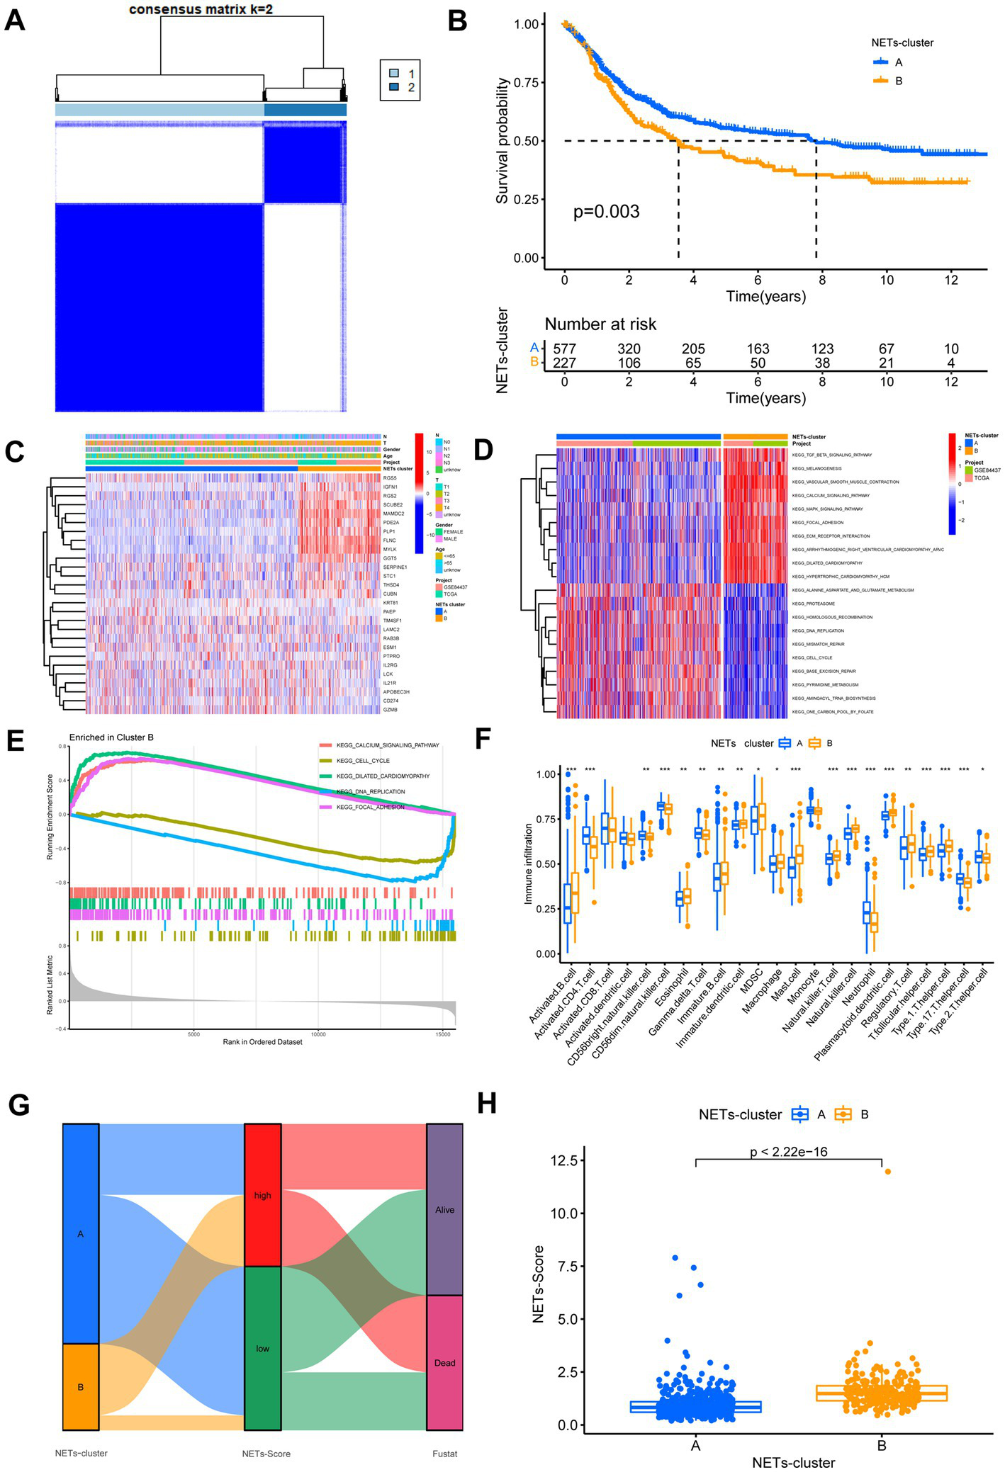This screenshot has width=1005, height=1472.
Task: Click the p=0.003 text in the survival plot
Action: [606, 212]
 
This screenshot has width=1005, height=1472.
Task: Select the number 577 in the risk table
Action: [564, 349]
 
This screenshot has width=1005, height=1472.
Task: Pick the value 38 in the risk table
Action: [822, 363]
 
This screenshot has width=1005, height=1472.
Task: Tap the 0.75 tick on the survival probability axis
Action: [527, 82]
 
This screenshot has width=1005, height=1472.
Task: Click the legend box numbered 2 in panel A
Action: [395, 87]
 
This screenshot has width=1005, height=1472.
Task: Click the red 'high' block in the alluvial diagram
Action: [263, 1195]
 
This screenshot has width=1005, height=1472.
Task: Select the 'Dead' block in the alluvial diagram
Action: [444, 1362]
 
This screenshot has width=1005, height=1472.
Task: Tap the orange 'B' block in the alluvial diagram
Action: [80, 1386]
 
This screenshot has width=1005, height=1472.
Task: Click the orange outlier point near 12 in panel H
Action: [887, 1171]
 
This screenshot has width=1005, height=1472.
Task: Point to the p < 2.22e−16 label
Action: [788, 1152]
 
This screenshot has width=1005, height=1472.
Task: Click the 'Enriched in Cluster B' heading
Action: [111, 737]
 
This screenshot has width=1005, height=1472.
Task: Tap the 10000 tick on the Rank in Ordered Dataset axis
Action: [318, 1034]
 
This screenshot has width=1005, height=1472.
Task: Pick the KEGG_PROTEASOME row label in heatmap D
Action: [813, 604]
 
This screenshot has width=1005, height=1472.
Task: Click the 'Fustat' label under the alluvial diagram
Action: [444, 1454]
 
